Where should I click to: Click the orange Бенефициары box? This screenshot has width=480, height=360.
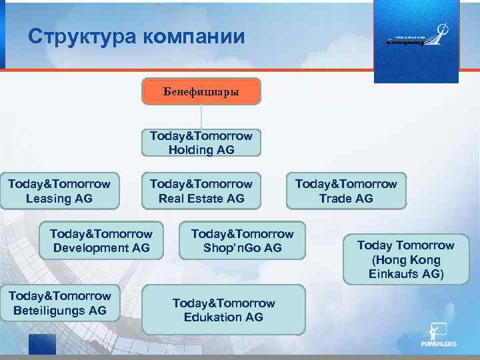201,91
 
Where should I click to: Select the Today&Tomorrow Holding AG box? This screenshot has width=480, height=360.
201,143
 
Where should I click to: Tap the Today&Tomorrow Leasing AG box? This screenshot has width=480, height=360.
59,191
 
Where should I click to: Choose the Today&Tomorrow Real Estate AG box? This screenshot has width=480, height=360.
201,191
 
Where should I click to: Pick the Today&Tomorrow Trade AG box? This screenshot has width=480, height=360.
346,191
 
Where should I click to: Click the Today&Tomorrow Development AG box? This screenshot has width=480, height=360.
101,241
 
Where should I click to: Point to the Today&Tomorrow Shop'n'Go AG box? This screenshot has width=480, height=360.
242,241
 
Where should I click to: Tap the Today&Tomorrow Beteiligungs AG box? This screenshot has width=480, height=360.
60,303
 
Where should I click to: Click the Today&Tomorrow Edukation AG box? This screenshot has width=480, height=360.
223,310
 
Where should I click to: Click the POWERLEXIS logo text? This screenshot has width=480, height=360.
439,345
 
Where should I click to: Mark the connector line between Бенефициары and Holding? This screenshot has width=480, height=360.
201,117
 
